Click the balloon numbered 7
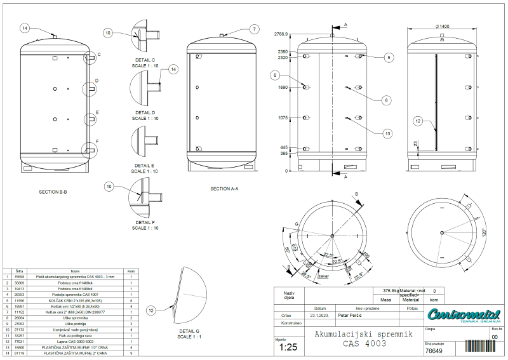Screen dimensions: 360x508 click(254, 29)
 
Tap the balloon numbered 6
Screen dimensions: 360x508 click(386, 100)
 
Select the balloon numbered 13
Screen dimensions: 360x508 click(387, 133)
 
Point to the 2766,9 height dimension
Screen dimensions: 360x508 click(281, 34)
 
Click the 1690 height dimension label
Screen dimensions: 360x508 click(283, 88)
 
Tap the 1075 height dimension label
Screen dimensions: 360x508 click(283, 117)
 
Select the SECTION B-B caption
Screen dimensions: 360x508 click(53, 190)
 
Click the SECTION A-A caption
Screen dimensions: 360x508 click(224, 189)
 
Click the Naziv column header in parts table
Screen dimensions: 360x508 click(75, 270)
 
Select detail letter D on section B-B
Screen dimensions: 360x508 click(97, 81)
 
